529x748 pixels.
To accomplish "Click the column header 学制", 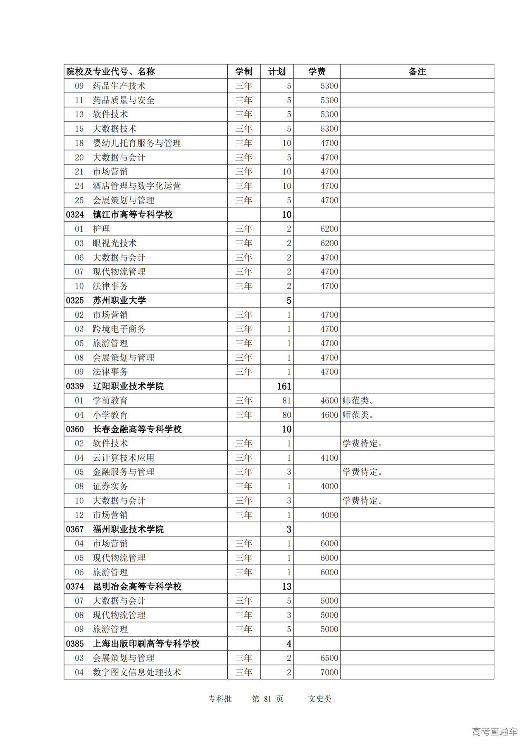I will (244, 71).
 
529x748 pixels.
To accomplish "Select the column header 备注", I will (417, 71).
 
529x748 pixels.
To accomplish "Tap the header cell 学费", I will (317, 71).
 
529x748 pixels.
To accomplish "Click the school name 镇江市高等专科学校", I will (133, 214).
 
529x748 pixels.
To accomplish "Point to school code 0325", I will (75, 300).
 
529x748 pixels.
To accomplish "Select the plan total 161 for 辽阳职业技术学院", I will (284, 386).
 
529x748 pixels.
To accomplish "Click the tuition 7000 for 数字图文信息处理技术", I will (329, 672).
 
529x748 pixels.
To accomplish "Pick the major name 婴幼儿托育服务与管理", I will (137, 143).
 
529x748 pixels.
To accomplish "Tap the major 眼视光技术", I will (114, 243).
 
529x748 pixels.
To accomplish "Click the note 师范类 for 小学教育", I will (358, 415).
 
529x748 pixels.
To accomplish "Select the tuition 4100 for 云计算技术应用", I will (329, 458).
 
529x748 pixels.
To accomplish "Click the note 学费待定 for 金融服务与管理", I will (362, 472).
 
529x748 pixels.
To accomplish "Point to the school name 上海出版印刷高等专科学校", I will (146, 644).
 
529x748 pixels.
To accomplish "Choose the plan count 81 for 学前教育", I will (286, 400).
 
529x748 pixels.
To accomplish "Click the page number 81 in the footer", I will (267, 699).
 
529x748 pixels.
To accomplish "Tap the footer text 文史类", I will (320, 699).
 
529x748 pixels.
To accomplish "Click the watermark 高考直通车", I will (494, 732).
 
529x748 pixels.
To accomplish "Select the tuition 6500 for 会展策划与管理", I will (329, 658).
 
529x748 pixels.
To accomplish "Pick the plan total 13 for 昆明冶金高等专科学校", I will (286, 586).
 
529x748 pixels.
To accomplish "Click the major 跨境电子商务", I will (119, 329).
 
